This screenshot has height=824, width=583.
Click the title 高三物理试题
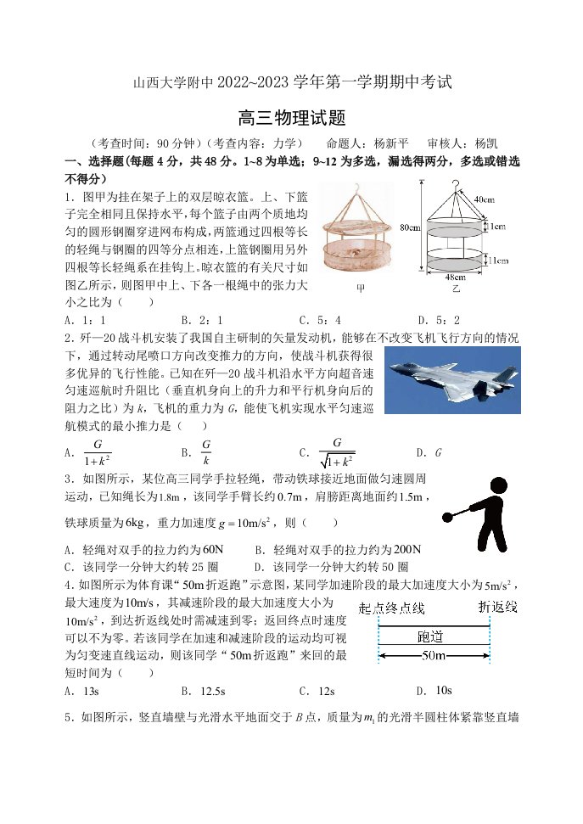pos(292,117)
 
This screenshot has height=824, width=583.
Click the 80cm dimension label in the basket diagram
pos(410,227)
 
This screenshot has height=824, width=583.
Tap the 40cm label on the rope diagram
pos(485,199)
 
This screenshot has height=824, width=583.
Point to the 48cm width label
pos(455,277)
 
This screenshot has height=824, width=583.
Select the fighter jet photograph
pos(452,380)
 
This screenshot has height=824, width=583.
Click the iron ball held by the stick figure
pos(448,518)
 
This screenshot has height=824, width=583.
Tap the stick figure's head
pos(497,486)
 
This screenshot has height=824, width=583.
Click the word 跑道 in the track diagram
pos(430,636)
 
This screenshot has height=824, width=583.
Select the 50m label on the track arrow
pos(434,655)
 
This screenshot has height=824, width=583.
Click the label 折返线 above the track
pos(498,607)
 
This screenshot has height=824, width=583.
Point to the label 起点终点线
pos(392,608)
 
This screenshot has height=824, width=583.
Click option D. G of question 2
pos(429,452)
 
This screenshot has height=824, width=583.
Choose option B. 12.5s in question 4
pos(204,691)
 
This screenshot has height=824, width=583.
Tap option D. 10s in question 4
pos(434,691)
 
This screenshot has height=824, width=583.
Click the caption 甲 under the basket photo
pos(361,288)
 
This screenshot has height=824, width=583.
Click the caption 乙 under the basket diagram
pos(456,289)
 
